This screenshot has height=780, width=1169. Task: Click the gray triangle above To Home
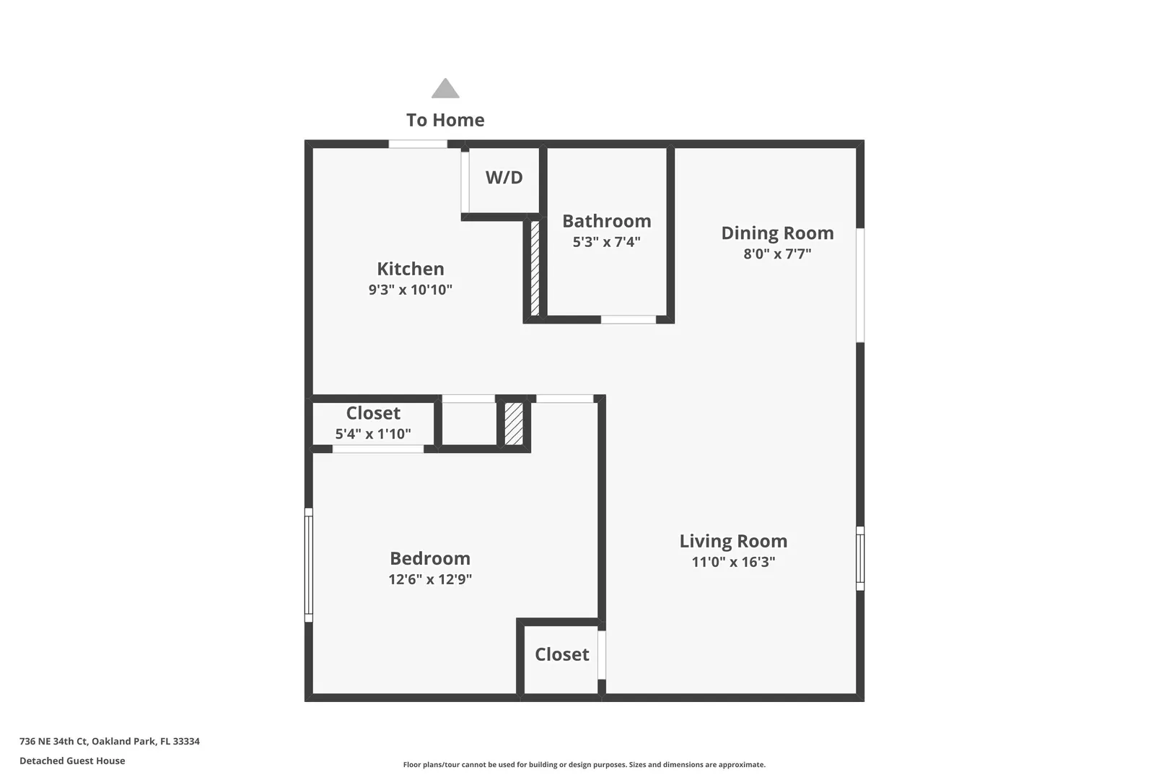(445, 89)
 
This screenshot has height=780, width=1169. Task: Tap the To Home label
(445, 120)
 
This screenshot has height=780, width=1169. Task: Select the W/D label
(504, 178)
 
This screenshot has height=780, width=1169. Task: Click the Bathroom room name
(606, 221)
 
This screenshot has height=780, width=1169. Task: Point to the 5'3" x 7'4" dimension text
(606, 242)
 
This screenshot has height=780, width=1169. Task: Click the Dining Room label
(777, 233)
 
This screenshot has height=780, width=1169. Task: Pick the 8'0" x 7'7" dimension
(777, 254)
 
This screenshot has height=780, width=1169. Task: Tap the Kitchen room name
(411, 269)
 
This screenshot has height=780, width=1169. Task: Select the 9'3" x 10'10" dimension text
(410, 290)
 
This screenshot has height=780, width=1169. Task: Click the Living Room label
(733, 541)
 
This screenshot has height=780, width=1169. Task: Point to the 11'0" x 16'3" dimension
(733, 562)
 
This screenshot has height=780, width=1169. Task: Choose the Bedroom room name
(430, 558)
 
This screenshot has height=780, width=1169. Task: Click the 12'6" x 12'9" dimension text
(430, 579)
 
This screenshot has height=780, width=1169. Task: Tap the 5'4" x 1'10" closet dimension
(372, 433)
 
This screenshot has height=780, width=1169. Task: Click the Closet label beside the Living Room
(562, 654)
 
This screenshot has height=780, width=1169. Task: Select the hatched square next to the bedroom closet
(514, 424)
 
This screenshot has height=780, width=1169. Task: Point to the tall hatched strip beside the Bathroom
(535, 269)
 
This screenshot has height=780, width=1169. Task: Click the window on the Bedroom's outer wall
(308, 565)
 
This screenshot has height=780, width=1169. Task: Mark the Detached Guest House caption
(73, 760)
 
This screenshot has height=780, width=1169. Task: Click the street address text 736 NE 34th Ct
(53, 741)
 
